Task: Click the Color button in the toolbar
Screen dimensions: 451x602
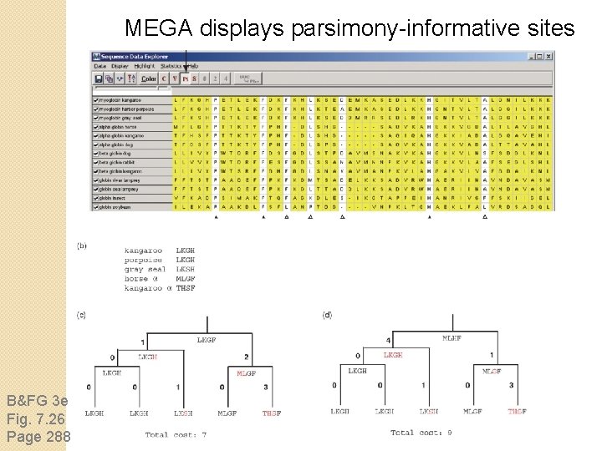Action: click(149, 79)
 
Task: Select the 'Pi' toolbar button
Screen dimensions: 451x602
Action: click(186, 79)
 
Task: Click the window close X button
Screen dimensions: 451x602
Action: click(548, 56)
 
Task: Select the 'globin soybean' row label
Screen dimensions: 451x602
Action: click(120, 205)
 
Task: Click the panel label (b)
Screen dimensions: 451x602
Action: click(81, 246)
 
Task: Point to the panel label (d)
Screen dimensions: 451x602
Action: click(327, 315)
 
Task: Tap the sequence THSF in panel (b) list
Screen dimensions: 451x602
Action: click(186, 287)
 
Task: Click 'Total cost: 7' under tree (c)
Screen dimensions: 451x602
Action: click(176, 434)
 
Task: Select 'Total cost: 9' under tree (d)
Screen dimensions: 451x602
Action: click(421, 432)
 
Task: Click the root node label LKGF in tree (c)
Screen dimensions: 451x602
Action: click(206, 340)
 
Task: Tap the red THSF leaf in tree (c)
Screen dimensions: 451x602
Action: click(271, 413)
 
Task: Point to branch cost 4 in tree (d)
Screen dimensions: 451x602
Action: click(388, 341)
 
